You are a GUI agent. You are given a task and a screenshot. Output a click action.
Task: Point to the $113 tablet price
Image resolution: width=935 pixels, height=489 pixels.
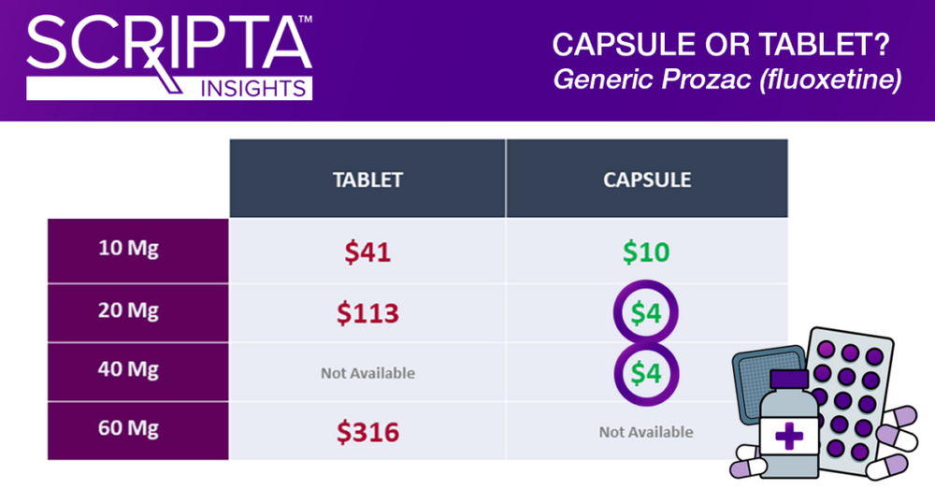click(x=367, y=314)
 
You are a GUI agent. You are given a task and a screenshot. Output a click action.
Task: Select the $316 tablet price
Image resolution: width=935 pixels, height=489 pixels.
click(x=367, y=432)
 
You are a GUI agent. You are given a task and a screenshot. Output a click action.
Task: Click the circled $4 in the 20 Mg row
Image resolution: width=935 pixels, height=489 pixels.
click(x=646, y=314)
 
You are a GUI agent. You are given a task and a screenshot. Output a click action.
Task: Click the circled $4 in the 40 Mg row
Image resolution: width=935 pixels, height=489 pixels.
click(x=646, y=373)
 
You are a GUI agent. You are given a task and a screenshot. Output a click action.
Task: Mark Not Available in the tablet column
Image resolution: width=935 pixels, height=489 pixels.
click(x=367, y=373)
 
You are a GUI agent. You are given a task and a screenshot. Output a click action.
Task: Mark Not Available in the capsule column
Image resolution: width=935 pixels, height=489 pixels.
click(x=646, y=432)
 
